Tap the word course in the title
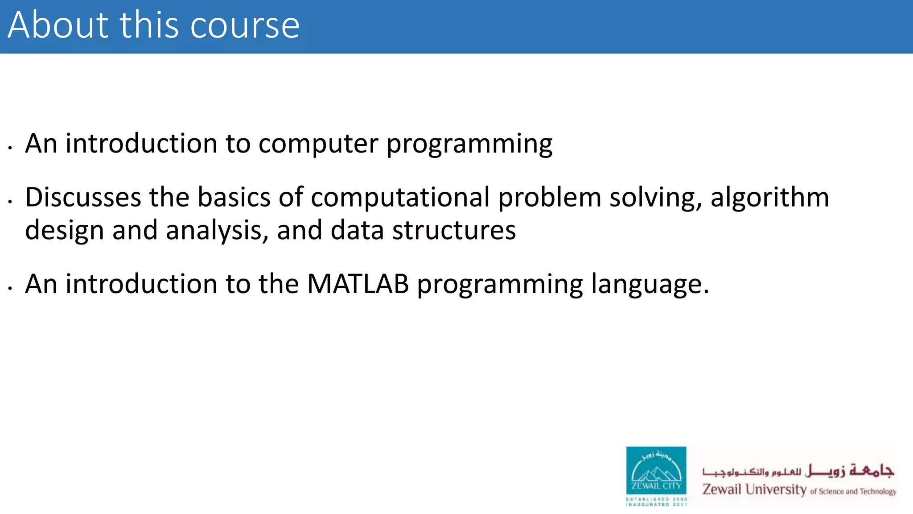[x=245, y=26]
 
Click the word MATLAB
[x=358, y=284]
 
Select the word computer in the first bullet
[x=318, y=144]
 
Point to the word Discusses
[x=83, y=197]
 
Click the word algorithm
[x=769, y=197]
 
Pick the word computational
[x=400, y=198]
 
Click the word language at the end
[x=650, y=285]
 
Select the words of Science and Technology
[x=853, y=491]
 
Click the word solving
[x=655, y=198]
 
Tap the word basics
[x=234, y=197]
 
